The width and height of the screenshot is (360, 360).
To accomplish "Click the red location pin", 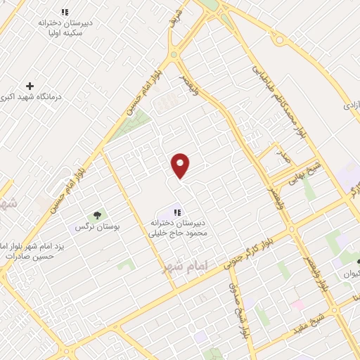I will click(x=181, y=165).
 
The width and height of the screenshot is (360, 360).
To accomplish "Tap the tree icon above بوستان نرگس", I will click(x=97, y=215).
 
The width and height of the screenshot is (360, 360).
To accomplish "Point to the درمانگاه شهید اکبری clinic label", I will click(x=34, y=97).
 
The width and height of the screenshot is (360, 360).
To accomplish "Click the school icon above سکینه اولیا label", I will click(x=65, y=12).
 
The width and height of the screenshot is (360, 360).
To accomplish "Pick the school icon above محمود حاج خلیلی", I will click(x=177, y=212).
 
